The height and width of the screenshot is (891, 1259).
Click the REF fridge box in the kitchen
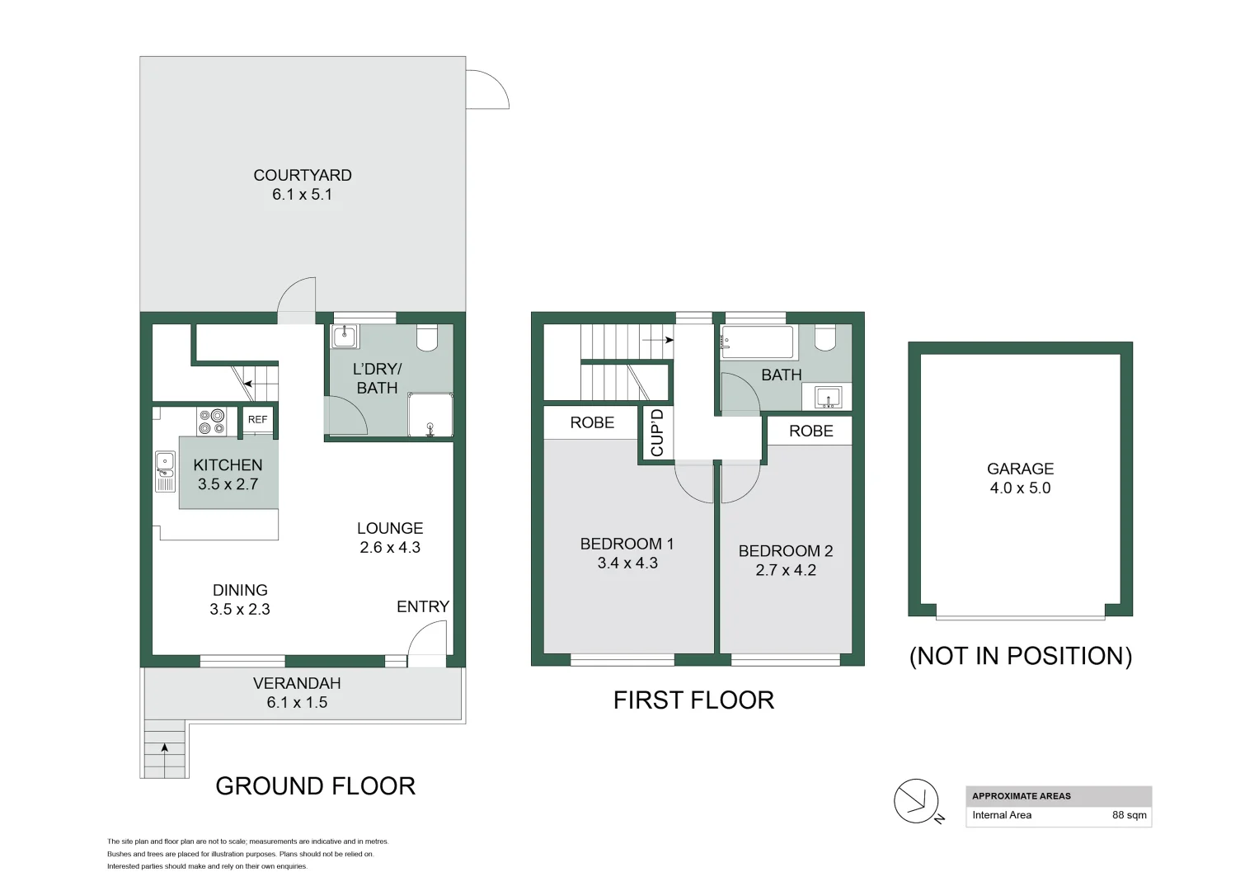pos(257,420)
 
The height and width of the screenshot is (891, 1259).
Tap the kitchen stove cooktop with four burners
pos(212,422)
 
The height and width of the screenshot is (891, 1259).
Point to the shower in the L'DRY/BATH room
pos(430,415)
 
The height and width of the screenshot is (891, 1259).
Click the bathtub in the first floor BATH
pos(757,341)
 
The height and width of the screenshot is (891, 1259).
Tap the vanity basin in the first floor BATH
pos(828,398)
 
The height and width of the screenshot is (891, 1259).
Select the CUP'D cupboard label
pos(657,432)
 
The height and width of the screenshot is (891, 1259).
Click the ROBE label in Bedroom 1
pos(592,422)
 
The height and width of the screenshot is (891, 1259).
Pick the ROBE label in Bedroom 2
pos(810,431)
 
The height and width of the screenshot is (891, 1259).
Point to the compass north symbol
pos(917,801)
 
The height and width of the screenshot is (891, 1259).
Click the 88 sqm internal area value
pos(1129,815)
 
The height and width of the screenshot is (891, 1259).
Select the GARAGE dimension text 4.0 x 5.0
pos(1020,488)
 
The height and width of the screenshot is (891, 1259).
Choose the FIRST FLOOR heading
pos(693,700)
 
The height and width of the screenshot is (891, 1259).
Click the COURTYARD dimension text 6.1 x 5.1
pos(302,195)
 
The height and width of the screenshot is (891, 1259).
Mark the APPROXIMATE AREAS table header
pos(1022,796)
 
